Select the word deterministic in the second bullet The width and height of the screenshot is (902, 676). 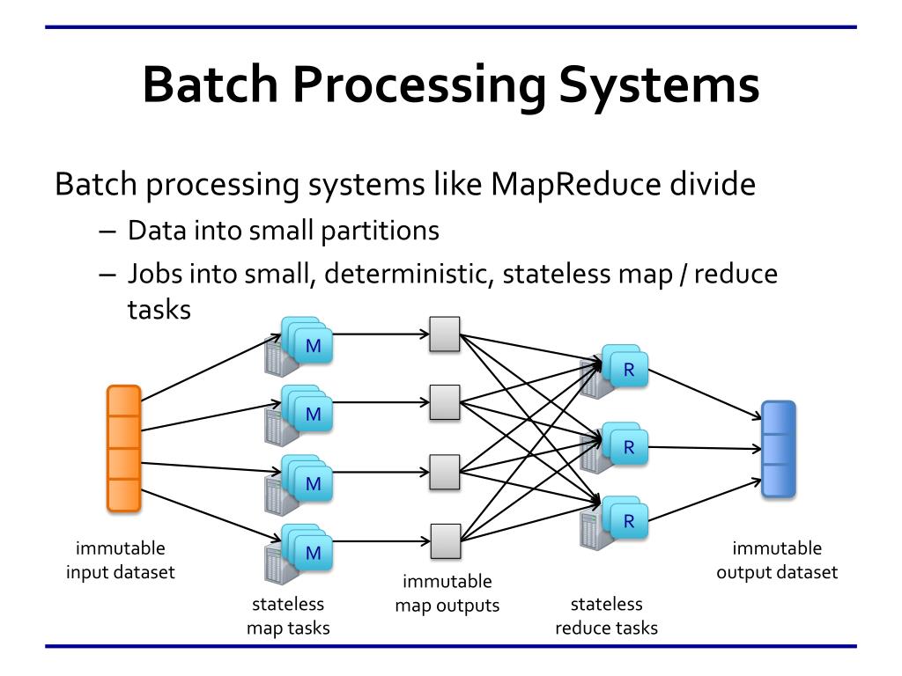pyautogui.click(x=409, y=274)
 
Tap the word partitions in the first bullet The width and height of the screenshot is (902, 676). pyautogui.click(x=388, y=231)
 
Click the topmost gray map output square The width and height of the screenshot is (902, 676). pyautogui.click(x=445, y=334)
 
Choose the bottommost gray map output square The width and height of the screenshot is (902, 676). pyautogui.click(x=445, y=540)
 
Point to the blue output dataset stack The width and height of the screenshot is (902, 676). pyautogui.click(x=779, y=449)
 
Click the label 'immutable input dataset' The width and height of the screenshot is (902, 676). pyautogui.click(x=121, y=561)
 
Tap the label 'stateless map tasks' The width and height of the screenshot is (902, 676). pyautogui.click(x=288, y=616)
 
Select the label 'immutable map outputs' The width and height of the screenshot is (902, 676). pyautogui.click(x=447, y=593)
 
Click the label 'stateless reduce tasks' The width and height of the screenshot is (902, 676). pyautogui.click(x=607, y=616)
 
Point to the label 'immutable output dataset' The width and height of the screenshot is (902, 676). pyautogui.click(x=776, y=561)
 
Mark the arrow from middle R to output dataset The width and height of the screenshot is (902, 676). pyautogui.click(x=705, y=448)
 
